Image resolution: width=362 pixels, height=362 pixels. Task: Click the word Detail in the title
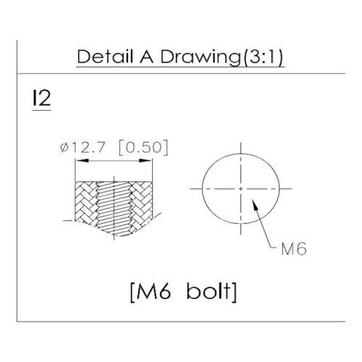tap(105, 56)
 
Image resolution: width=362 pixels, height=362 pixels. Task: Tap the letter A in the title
tap(146, 56)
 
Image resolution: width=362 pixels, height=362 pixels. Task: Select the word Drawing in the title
tap(201, 58)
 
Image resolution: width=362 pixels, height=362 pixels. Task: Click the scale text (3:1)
tap(263, 58)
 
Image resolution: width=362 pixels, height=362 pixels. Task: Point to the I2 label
tap(41, 98)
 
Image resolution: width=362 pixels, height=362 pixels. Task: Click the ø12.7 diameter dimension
tap(83, 147)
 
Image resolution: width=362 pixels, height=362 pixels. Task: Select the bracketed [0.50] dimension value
tap(143, 148)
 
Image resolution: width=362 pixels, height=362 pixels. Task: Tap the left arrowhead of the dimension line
tap(82, 161)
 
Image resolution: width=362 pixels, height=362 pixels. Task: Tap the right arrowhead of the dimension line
tap(146, 161)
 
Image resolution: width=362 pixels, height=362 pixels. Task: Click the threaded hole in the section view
tap(114, 208)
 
